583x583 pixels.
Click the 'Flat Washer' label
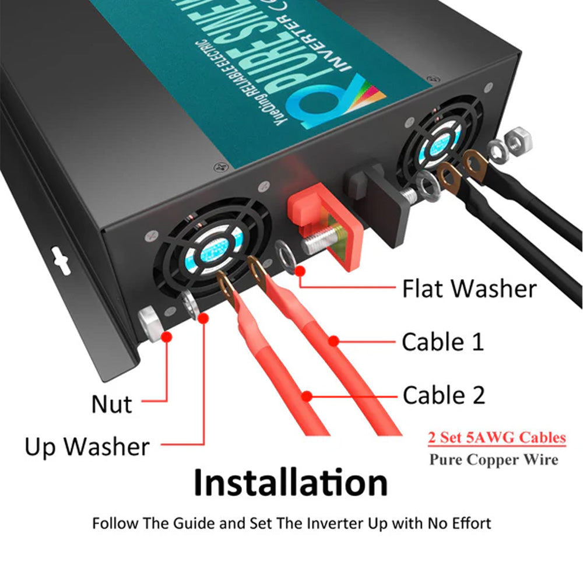click(x=469, y=289)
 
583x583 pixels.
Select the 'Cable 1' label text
click(x=442, y=342)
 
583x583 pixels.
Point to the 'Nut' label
click(x=111, y=404)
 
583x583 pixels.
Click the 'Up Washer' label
click(x=87, y=447)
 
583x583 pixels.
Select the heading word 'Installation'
click(x=291, y=483)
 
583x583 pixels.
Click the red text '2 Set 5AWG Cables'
click(x=496, y=437)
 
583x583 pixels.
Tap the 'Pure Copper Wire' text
click(x=493, y=459)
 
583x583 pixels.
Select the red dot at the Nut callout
click(x=167, y=336)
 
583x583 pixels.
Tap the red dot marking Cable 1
click(x=333, y=341)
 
